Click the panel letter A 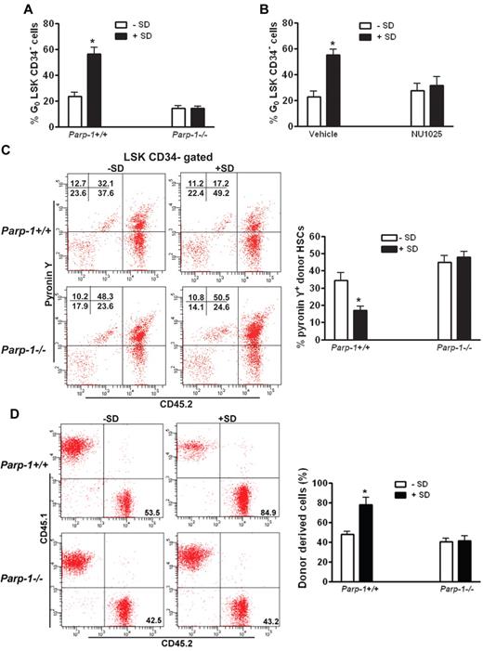(x=17, y=9)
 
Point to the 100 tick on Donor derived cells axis (x=335, y=484)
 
